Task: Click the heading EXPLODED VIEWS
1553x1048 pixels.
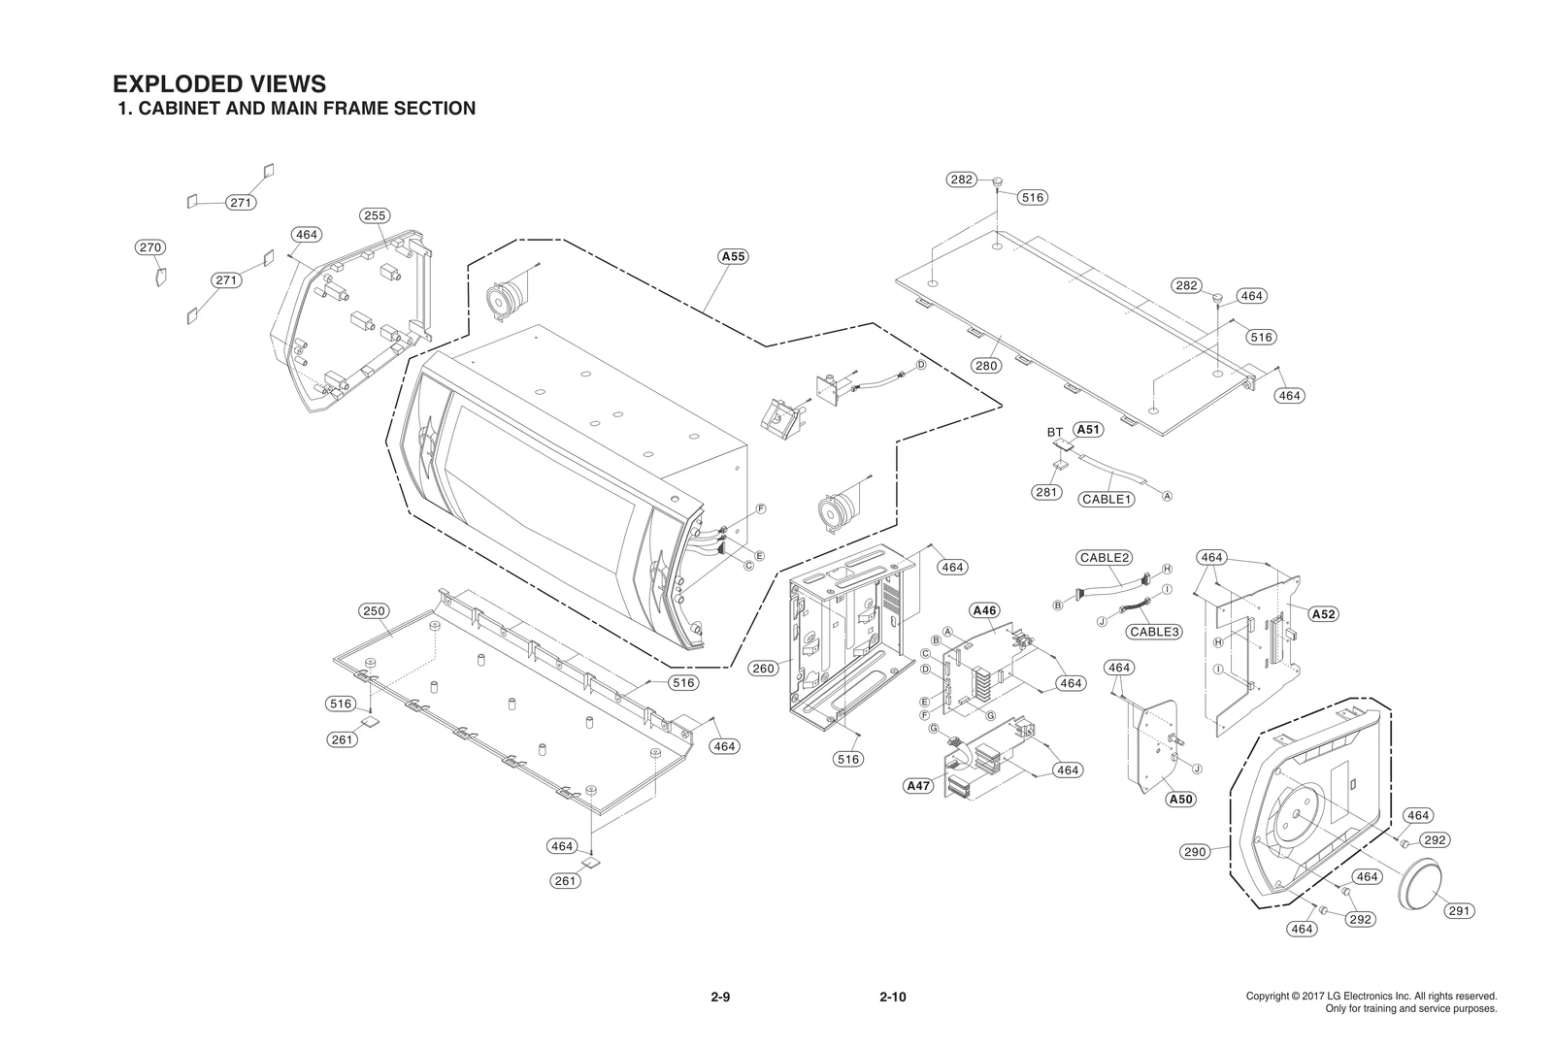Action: click(x=219, y=84)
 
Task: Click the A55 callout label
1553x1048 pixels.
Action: click(x=733, y=257)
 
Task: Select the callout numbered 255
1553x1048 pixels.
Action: click(x=374, y=215)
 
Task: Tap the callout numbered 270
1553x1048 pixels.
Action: click(x=149, y=247)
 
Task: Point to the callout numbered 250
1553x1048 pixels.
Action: click(x=374, y=611)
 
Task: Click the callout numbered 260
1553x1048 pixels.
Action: click(x=764, y=669)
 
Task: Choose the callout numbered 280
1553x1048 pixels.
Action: click(x=986, y=366)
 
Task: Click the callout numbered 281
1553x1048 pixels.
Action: click(x=1046, y=492)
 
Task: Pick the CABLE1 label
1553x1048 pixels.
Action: click(x=1107, y=499)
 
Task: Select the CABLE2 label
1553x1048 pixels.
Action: click(x=1105, y=558)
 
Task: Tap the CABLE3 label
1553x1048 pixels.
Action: click(x=1155, y=632)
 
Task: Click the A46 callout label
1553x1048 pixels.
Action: click(x=984, y=610)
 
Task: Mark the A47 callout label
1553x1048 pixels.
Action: click(x=918, y=786)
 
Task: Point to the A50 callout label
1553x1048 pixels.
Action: click(x=1180, y=799)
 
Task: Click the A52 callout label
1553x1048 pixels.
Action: click(x=1323, y=614)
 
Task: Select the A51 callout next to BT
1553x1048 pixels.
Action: click(x=1088, y=430)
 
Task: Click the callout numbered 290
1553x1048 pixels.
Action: click(x=1195, y=852)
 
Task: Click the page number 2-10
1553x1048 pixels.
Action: click(x=892, y=998)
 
